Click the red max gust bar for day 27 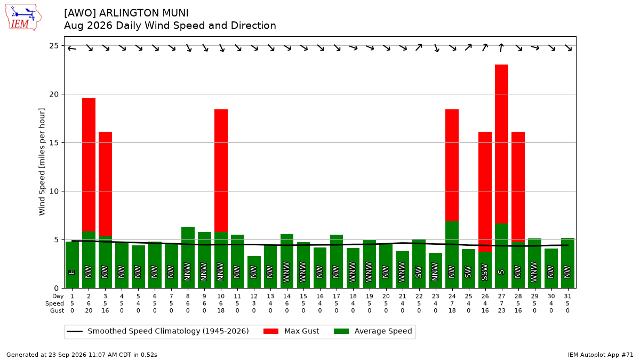click(501, 143)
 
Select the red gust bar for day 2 click(89, 165)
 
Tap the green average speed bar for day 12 click(254, 272)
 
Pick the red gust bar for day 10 click(221, 171)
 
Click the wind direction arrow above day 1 click(72, 49)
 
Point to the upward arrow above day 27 click(501, 47)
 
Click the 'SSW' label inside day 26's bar click(485, 272)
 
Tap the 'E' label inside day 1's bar click(72, 271)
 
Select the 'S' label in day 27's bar click(501, 271)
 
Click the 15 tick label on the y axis click(54, 142)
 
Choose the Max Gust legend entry click(291, 331)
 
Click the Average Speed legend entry click(373, 331)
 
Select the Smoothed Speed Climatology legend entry click(158, 331)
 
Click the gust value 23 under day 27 click(501, 310)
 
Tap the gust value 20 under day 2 click(89, 310)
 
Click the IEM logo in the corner click(23, 18)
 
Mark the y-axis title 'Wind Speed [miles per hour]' click(42, 162)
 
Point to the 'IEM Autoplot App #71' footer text click(601, 355)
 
